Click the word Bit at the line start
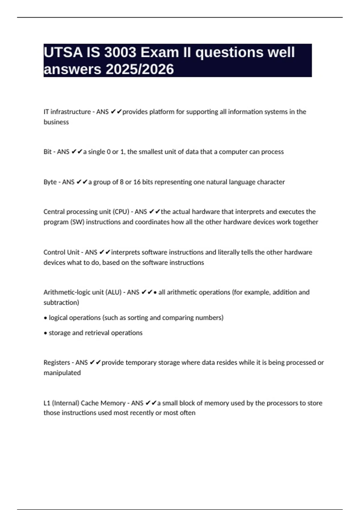pos(47,152)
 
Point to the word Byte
pos(50,182)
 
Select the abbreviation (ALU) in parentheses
pos(113,292)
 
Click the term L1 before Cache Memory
pos(47,403)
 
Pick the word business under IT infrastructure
pos(56,122)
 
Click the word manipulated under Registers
pos(62,373)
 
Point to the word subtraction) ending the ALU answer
pos(61,302)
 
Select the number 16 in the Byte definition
pos(137,182)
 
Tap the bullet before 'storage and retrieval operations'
pos(45,333)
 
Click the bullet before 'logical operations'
pos(45,318)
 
